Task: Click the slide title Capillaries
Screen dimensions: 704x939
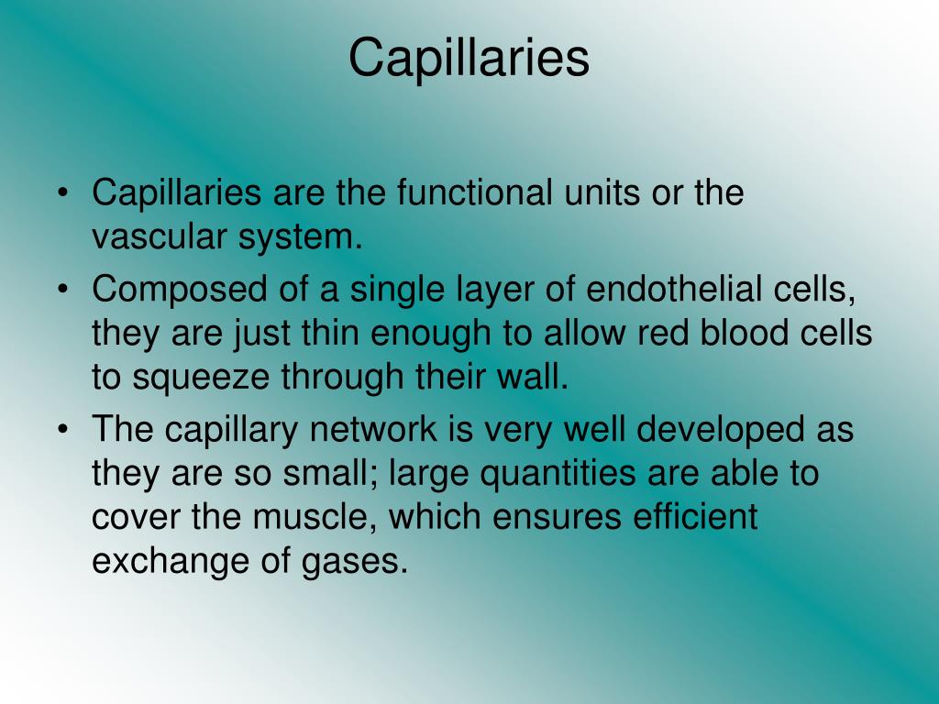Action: click(469, 57)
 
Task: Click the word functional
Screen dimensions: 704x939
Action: click(474, 193)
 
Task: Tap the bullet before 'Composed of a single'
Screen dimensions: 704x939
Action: click(62, 290)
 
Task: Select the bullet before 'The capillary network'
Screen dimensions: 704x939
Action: click(62, 429)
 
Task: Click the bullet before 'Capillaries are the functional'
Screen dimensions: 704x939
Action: click(62, 194)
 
